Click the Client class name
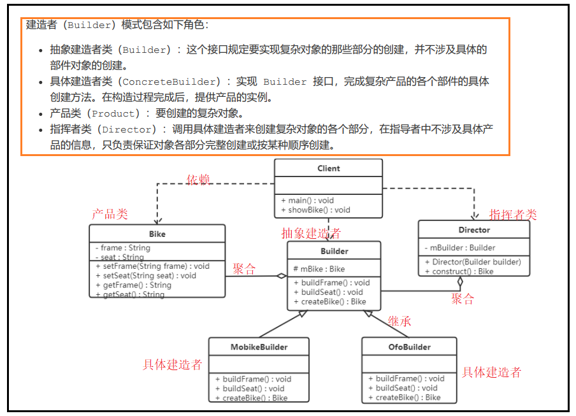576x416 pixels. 328,169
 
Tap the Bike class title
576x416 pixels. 157,234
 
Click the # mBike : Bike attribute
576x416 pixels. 319,269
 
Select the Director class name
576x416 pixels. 474,230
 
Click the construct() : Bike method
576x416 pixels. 459,271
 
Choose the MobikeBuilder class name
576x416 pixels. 259,347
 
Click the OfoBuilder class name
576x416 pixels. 409,347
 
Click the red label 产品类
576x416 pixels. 110,214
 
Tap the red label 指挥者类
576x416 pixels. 513,214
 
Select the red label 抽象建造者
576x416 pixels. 311,233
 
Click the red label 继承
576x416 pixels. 400,321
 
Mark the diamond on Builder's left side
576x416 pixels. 281,276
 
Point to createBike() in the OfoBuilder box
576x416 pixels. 408,398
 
